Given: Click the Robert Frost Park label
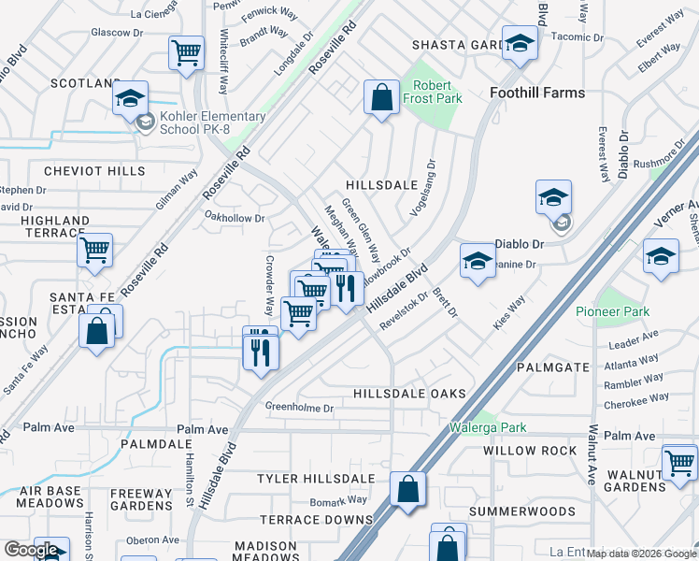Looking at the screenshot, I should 432,91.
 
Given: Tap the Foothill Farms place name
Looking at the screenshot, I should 537,93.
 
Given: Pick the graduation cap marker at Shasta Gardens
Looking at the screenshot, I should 520,42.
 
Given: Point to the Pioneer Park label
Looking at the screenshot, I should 612,311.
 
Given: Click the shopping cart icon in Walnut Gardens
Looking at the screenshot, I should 678,462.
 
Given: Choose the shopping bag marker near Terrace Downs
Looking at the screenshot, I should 407,489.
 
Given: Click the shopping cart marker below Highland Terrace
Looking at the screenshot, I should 94,250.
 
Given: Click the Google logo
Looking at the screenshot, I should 31,550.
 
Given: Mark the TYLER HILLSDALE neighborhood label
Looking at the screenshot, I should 316,479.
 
